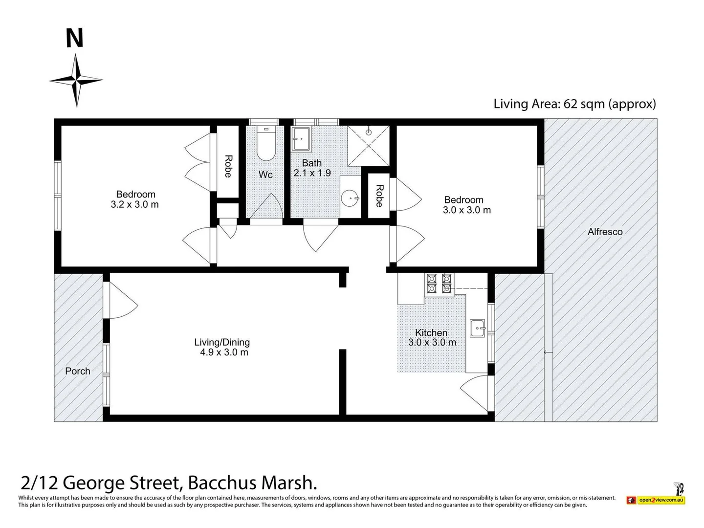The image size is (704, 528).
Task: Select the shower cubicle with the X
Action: click(369, 146)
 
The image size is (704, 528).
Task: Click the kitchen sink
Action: click(478, 328)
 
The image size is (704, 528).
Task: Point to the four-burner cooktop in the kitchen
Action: click(439, 284)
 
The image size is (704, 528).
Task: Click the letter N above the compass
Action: click(74, 38)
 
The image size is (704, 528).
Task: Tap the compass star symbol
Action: click(76, 80)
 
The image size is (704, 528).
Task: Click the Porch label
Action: click(78, 371)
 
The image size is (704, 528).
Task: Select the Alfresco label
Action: click(605, 232)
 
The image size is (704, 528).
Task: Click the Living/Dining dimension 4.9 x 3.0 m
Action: click(224, 352)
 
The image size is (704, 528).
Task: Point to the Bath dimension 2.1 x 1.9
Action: click(312, 173)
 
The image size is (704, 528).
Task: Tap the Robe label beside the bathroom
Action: click(379, 196)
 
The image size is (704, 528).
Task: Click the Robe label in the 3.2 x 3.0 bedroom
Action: click(228, 166)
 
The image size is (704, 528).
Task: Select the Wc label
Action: click(265, 175)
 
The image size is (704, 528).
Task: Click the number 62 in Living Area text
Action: click(570, 104)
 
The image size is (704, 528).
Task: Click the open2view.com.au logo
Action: click(656, 500)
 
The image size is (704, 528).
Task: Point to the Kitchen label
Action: click(431, 333)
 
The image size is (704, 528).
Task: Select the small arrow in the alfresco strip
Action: click(548, 352)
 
